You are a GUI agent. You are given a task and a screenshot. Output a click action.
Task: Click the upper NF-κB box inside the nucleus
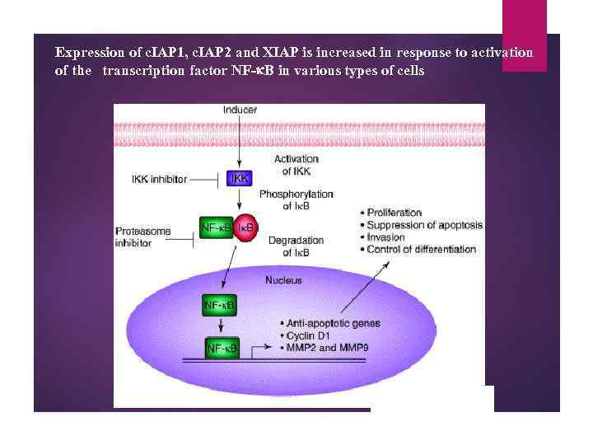click(218, 307)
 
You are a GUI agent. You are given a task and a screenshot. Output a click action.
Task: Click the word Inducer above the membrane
click(240, 110)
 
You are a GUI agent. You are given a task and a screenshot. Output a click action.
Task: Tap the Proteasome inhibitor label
click(143, 237)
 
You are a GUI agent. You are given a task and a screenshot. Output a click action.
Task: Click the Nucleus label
click(282, 280)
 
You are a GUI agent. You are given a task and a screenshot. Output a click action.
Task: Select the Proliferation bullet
click(394, 213)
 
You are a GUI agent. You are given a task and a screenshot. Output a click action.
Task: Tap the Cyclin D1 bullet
click(311, 336)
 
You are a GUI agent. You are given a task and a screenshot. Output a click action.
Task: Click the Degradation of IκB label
click(296, 246)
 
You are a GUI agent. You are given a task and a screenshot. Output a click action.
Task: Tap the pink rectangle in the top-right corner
click(525, 35)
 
